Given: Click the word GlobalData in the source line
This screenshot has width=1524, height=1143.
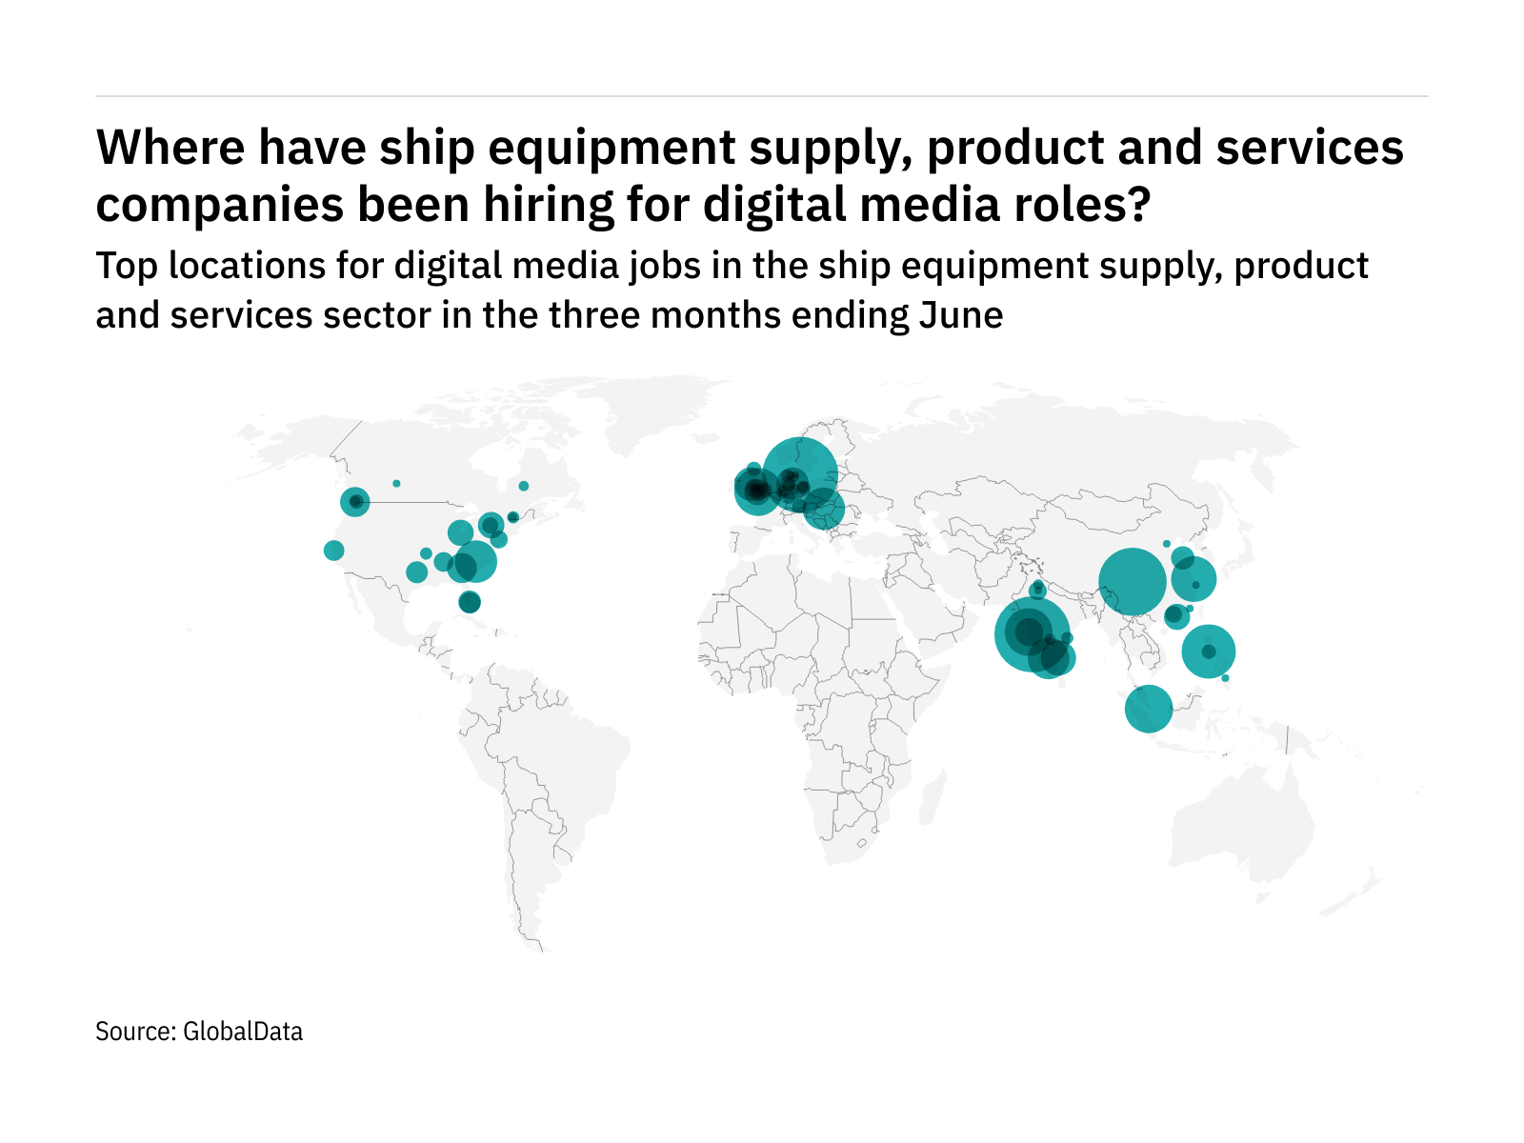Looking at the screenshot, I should [x=242, y=1032].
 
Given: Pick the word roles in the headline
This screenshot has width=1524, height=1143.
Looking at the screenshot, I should [x=1091, y=205].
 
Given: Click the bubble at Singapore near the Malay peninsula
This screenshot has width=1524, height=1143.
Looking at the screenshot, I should [x=1149, y=709].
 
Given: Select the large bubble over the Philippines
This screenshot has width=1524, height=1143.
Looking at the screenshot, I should [x=1209, y=652].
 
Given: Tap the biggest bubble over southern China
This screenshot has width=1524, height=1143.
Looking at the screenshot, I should [x=1133, y=582].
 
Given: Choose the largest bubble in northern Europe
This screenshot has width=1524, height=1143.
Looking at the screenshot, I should [x=800, y=474].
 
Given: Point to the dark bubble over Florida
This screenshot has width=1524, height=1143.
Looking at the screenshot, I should [x=470, y=602].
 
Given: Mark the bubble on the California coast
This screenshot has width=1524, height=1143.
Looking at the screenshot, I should [x=333, y=551].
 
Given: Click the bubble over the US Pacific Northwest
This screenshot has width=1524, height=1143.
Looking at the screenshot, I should [x=355, y=501].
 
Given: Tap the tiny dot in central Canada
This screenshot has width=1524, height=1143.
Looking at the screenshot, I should [x=396, y=484].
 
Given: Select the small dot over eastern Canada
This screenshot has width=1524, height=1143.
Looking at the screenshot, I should [x=523, y=486].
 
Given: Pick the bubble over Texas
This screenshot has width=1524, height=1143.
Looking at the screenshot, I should [x=416, y=571].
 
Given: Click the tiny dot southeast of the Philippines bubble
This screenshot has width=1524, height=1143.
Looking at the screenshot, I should [x=1225, y=678].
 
